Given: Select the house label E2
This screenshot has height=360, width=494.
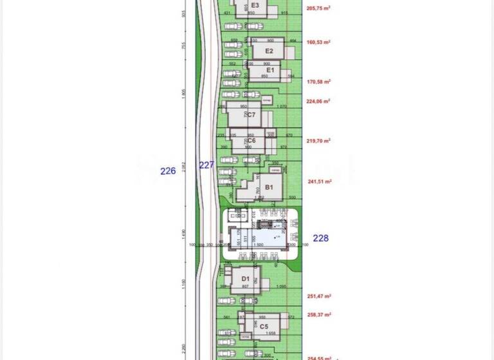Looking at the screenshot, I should pyautogui.click(x=270, y=51).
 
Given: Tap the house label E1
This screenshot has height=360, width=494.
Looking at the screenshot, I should pyautogui.click(x=270, y=70).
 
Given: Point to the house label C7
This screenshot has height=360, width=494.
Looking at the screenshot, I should pyautogui.click(x=252, y=115).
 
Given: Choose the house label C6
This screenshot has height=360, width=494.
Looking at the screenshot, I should pyautogui.click(x=252, y=140).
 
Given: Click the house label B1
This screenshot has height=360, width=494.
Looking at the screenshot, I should pyautogui.click(x=270, y=188).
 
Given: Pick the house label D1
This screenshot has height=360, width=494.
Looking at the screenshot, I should pyautogui.click(x=245, y=279).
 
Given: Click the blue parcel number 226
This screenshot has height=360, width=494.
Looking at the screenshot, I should pyautogui.click(x=168, y=171).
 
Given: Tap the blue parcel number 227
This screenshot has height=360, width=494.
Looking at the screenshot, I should pyautogui.click(x=206, y=165).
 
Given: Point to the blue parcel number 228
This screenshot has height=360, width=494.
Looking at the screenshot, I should pyautogui.click(x=320, y=238).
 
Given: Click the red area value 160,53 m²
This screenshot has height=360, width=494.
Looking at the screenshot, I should pyautogui.click(x=319, y=42).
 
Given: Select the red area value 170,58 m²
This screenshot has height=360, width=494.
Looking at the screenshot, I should pyautogui.click(x=319, y=82).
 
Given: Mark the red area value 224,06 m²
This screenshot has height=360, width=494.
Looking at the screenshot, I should pyautogui.click(x=319, y=101).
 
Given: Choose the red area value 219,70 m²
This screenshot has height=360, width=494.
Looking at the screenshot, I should pyautogui.click(x=319, y=141).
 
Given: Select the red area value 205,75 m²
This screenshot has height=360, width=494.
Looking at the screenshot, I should pyautogui.click(x=319, y=8).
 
